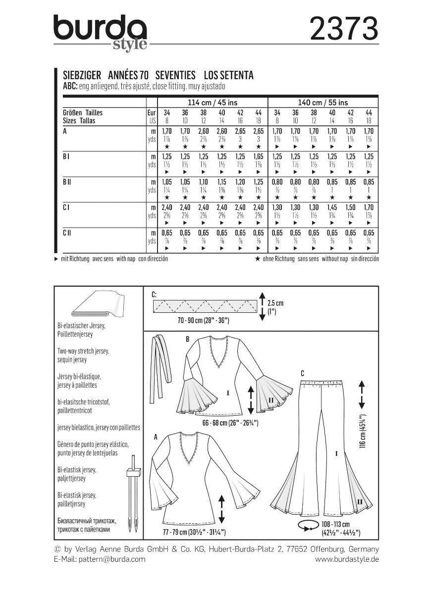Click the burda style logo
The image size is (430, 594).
[x=101, y=32]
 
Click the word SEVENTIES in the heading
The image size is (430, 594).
[x=175, y=75]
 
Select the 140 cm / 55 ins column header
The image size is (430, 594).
[x=323, y=101]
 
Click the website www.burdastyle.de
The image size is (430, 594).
[x=347, y=559]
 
